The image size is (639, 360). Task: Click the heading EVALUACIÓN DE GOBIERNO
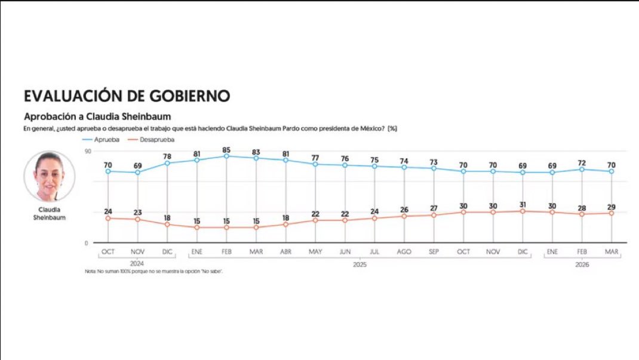point(127,96)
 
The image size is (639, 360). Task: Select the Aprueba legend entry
point(107,139)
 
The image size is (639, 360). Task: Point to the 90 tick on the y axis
point(87,152)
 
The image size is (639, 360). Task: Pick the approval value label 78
point(167,156)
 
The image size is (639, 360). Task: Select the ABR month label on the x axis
point(285,252)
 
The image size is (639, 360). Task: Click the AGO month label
point(404,252)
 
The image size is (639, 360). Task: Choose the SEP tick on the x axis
point(434,252)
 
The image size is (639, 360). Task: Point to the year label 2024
point(137,264)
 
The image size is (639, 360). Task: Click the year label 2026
point(582,264)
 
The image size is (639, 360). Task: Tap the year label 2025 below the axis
point(360,264)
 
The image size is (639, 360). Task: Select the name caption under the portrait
point(49,214)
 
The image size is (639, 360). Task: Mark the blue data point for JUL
point(374,166)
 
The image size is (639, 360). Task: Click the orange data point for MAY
point(315,220)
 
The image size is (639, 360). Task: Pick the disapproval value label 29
point(611,207)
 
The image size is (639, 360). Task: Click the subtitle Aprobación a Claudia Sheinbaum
point(97,116)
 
